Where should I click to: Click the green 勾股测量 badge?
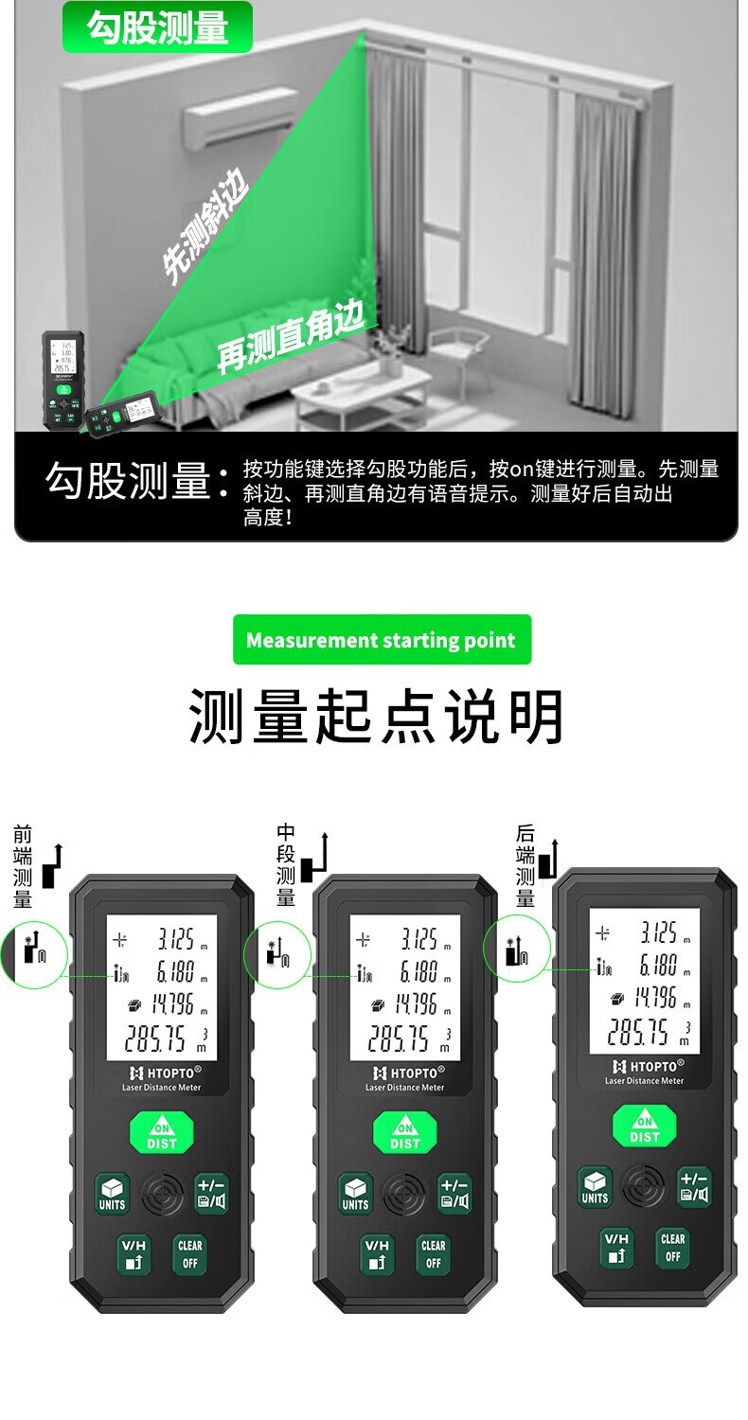[x=157, y=27]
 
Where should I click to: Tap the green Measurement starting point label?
[x=382, y=640]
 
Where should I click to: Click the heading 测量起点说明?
[x=377, y=717]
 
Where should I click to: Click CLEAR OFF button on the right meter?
[x=672, y=1248]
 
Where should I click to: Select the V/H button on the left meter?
[x=134, y=1254]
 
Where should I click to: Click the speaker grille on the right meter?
[x=645, y=1186]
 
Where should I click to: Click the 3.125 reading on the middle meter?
[x=416, y=939]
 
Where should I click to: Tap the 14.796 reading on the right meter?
[x=654, y=997]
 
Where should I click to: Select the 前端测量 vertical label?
[x=23, y=866]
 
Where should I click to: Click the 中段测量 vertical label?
[x=286, y=864]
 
